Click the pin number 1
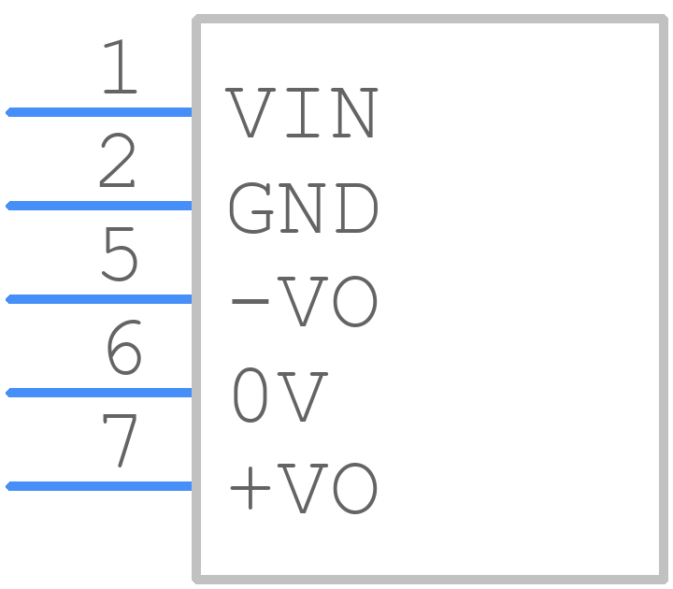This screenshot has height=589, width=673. click(121, 66)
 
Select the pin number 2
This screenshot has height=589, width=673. click(117, 160)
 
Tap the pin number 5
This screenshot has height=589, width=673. click(120, 253)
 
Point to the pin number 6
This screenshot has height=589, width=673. click(123, 347)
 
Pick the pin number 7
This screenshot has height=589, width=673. click(120, 440)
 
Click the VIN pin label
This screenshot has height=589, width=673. click(302, 113)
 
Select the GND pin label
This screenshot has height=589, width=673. click(304, 208)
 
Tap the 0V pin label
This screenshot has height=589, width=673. click(280, 395)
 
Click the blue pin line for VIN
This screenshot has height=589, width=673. click(98, 112)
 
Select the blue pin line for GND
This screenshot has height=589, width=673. click(98, 206)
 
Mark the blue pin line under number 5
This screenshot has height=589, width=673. click(98, 299)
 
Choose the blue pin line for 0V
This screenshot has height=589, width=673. click(98, 393)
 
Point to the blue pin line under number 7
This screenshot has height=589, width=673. click(98, 486)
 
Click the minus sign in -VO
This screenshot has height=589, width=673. click(251, 301)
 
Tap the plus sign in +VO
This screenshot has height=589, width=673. click(251, 488)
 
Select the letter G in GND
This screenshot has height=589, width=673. click(251, 208)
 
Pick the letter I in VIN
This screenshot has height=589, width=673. click(303, 113)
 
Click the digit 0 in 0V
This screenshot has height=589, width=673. click(251, 395)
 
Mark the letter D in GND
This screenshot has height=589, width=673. click(357, 208)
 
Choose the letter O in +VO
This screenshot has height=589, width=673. click(355, 488)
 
